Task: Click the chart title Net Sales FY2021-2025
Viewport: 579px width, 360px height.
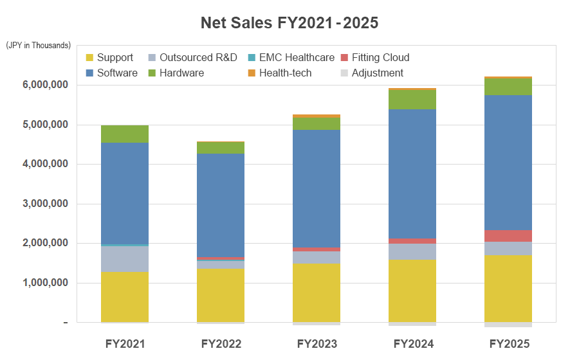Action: pyautogui.click(x=289, y=23)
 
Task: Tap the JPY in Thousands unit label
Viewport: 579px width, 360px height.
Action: pyautogui.click(x=39, y=46)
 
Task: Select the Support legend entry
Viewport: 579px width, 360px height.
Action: pyautogui.click(x=109, y=58)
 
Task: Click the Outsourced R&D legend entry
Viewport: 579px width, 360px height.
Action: pyautogui.click(x=192, y=58)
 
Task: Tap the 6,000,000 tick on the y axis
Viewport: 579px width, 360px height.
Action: pyautogui.click(x=45, y=85)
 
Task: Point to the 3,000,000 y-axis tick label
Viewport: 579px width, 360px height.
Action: pyautogui.click(x=45, y=204)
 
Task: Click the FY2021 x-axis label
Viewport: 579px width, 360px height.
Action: pyautogui.click(x=125, y=344)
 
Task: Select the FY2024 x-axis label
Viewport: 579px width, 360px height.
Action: pyautogui.click(x=412, y=344)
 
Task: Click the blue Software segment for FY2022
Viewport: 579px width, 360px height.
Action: pyautogui.click(x=221, y=206)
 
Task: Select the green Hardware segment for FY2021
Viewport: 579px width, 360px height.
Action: pyautogui.click(x=125, y=134)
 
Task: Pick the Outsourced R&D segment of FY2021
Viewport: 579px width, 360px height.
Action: pyautogui.click(x=125, y=259)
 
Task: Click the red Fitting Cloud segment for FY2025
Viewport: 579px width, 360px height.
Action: pyautogui.click(x=508, y=235)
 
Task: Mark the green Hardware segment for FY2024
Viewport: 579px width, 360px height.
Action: pyautogui.click(x=412, y=99)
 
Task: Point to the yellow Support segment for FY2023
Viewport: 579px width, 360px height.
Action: pyautogui.click(x=317, y=292)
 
